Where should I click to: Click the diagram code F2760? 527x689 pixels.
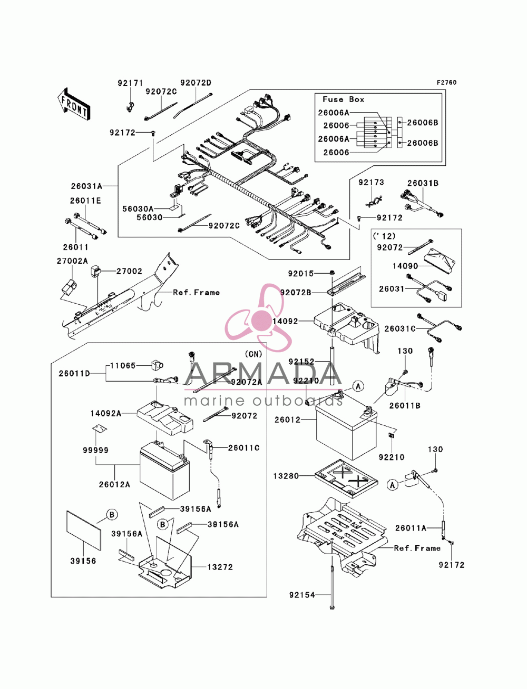(446, 83)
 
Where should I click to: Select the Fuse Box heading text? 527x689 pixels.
(343, 99)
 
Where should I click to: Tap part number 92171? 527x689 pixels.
(130, 83)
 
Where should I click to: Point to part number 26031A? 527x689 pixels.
(86, 186)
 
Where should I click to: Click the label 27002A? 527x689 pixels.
(72, 261)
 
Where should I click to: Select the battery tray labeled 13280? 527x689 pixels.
(346, 478)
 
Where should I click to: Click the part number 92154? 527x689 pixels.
(302, 595)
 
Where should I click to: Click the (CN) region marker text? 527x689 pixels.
(253, 354)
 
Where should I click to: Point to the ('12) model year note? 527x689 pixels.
(384, 236)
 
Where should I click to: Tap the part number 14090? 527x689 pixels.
(405, 266)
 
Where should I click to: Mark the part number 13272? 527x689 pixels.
(220, 567)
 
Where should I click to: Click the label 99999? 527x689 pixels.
(95, 450)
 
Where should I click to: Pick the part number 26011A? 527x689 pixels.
(411, 528)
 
